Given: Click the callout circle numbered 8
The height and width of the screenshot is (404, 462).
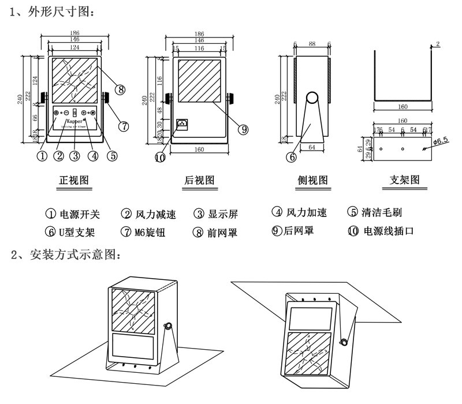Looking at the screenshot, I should [x=120, y=89].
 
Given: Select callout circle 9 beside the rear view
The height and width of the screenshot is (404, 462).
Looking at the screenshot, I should [x=244, y=130].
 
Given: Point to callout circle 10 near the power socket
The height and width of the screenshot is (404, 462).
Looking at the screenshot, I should [x=160, y=157].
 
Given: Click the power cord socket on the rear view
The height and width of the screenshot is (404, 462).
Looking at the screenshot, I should [x=182, y=124].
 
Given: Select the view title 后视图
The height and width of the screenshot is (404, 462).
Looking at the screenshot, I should [x=199, y=180].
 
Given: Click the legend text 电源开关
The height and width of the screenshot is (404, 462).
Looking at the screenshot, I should [x=80, y=214].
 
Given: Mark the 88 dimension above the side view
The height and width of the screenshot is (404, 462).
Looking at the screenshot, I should [x=312, y=44].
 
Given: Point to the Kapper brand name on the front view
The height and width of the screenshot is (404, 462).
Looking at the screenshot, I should [x=74, y=122].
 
